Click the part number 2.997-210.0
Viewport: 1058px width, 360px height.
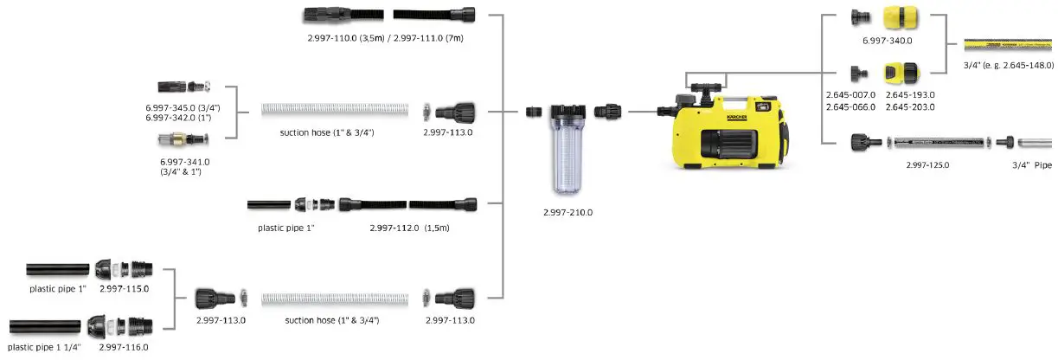pyautogui.click(x=567, y=212)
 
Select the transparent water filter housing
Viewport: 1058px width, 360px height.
pyautogui.click(x=567, y=147)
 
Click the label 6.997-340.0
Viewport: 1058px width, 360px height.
pyautogui.click(x=888, y=40)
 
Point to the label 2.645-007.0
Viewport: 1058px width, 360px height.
pyautogui.click(x=850, y=94)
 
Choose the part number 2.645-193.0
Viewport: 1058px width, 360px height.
pyautogui.click(x=909, y=94)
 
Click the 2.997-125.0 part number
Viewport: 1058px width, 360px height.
pyautogui.click(x=927, y=164)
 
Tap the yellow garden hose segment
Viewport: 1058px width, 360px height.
pyautogui.click(x=1009, y=42)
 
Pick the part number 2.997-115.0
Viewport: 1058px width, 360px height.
pyautogui.click(x=124, y=288)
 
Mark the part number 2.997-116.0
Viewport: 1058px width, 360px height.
pyautogui.click(x=124, y=346)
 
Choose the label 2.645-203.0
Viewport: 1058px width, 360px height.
pyautogui.click(x=909, y=106)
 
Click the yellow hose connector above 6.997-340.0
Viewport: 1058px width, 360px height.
pyautogui.click(x=898, y=17)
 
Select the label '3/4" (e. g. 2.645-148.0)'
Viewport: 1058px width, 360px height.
pyautogui.click(x=1009, y=65)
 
